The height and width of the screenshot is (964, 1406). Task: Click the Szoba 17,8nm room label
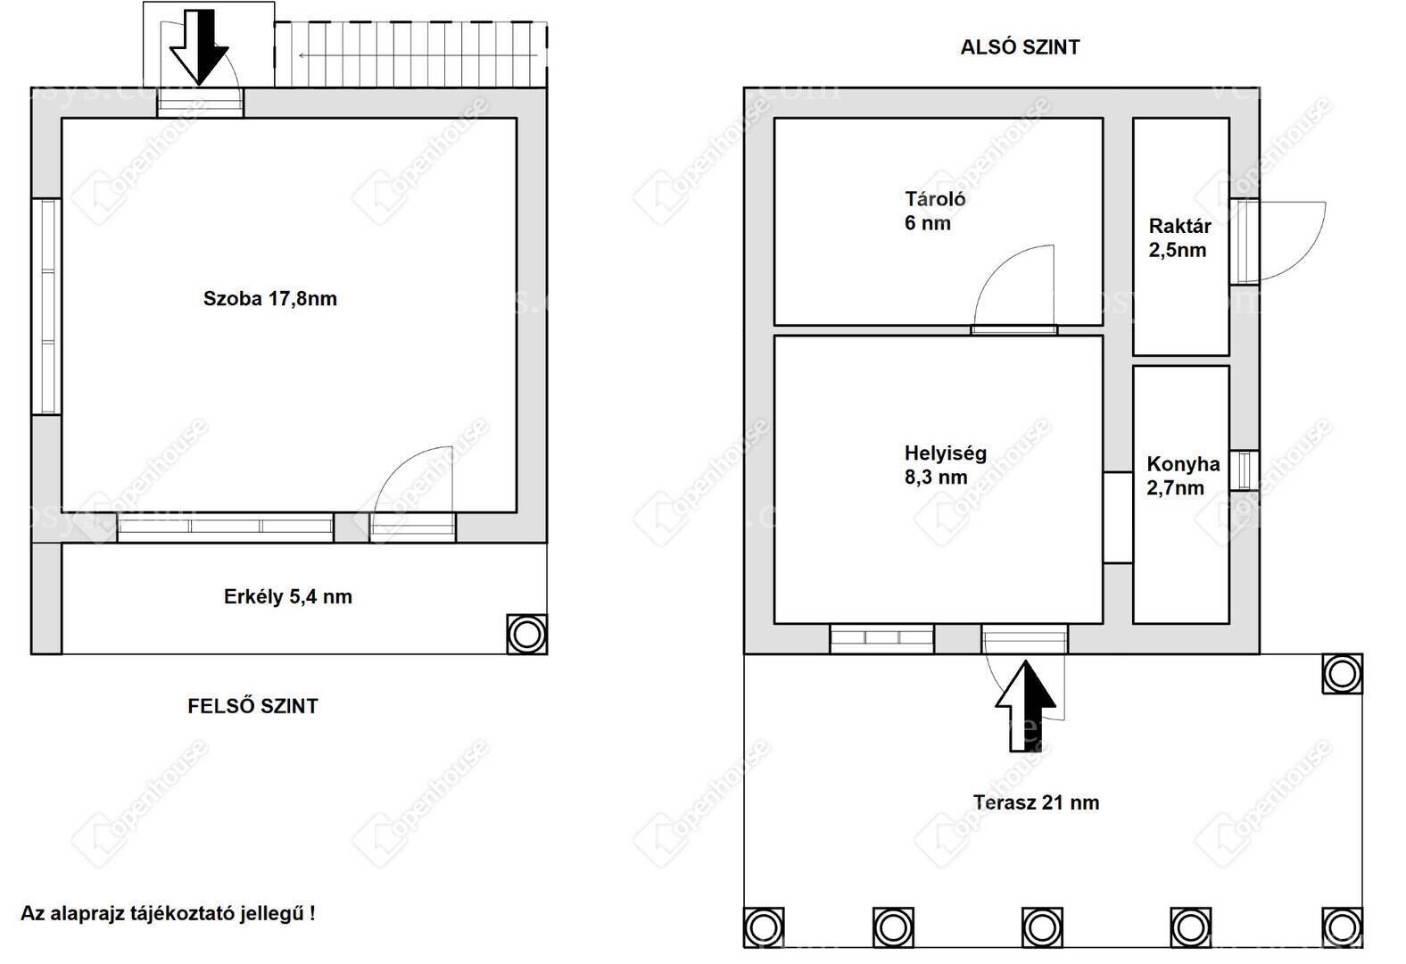[270, 298]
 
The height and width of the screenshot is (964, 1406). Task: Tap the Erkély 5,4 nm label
[288, 596]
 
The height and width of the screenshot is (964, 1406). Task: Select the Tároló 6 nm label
[935, 211]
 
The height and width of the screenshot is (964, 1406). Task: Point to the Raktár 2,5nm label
[1179, 238]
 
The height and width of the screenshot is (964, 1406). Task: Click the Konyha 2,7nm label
[1183, 476]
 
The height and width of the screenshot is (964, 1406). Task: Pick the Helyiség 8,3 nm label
[946, 465]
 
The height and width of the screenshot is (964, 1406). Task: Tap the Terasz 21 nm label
[1036, 802]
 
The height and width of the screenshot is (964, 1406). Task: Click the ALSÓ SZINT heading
[1020, 47]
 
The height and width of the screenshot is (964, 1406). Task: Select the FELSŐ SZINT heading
[253, 706]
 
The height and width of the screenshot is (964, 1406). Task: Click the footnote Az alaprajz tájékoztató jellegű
[169, 913]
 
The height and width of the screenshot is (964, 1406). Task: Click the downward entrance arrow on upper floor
[199, 47]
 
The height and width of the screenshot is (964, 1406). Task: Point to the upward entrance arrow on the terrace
[1025, 706]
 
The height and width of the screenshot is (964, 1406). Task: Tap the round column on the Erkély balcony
[527, 635]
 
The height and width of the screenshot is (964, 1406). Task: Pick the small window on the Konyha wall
[1244, 470]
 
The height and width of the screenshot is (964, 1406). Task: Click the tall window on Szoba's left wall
[46, 306]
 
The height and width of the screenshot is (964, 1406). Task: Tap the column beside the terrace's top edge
[1342, 674]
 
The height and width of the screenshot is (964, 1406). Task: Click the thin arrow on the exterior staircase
[418, 55]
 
